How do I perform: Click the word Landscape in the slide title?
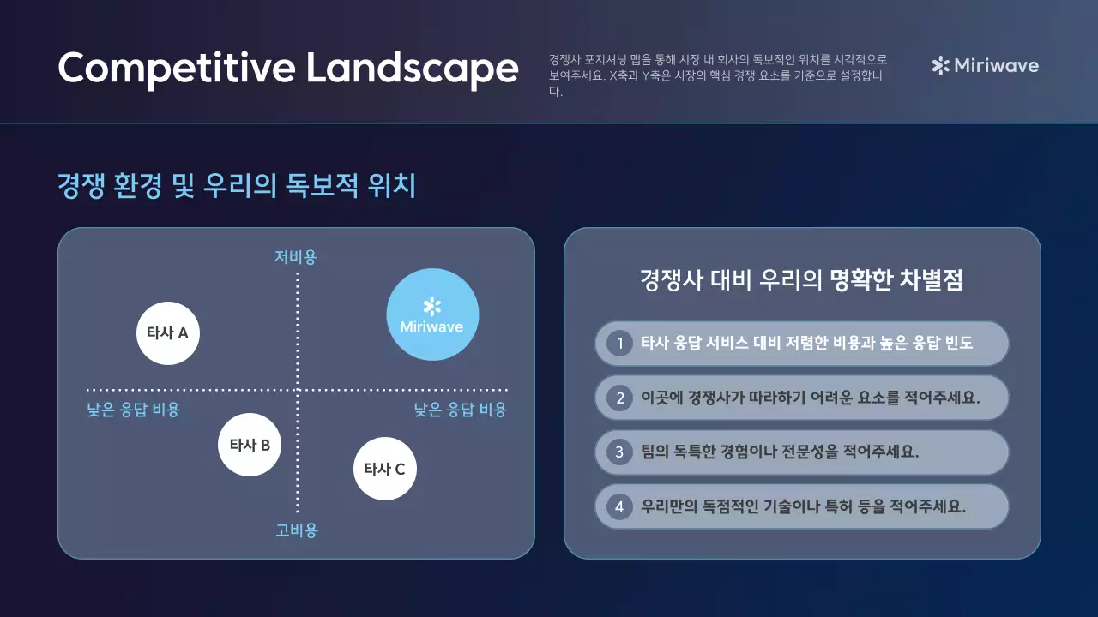pyautogui.click(x=412, y=68)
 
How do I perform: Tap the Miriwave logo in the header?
pyautogui.click(x=985, y=66)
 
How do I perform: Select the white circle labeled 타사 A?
pyautogui.click(x=168, y=333)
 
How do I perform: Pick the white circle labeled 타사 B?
pyautogui.click(x=250, y=445)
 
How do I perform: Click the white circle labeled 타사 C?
pyautogui.click(x=385, y=469)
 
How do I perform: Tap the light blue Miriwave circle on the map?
pyautogui.click(x=432, y=314)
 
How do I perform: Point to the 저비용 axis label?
pyautogui.click(x=296, y=257)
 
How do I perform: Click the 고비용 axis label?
pyautogui.click(x=297, y=530)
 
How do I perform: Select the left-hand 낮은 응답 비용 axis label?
pyautogui.click(x=134, y=410)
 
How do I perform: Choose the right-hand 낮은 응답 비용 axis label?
pyautogui.click(x=461, y=410)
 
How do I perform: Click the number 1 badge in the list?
pyautogui.click(x=618, y=344)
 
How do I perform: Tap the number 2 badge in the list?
pyautogui.click(x=618, y=398)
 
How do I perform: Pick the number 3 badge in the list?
pyautogui.click(x=618, y=452)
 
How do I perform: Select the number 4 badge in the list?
pyautogui.click(x=618, y=506)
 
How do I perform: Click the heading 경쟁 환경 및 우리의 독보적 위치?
pyautogui.click(x=237, y=185)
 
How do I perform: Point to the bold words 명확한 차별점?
pyautogui.click(x=896, y=280)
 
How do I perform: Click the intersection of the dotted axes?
pyautogui.click(x=297, y=390)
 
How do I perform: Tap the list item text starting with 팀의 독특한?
pyautogui.click(x=780, y=452)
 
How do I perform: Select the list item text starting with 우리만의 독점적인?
pyautogui.click(x=803, y=506)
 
